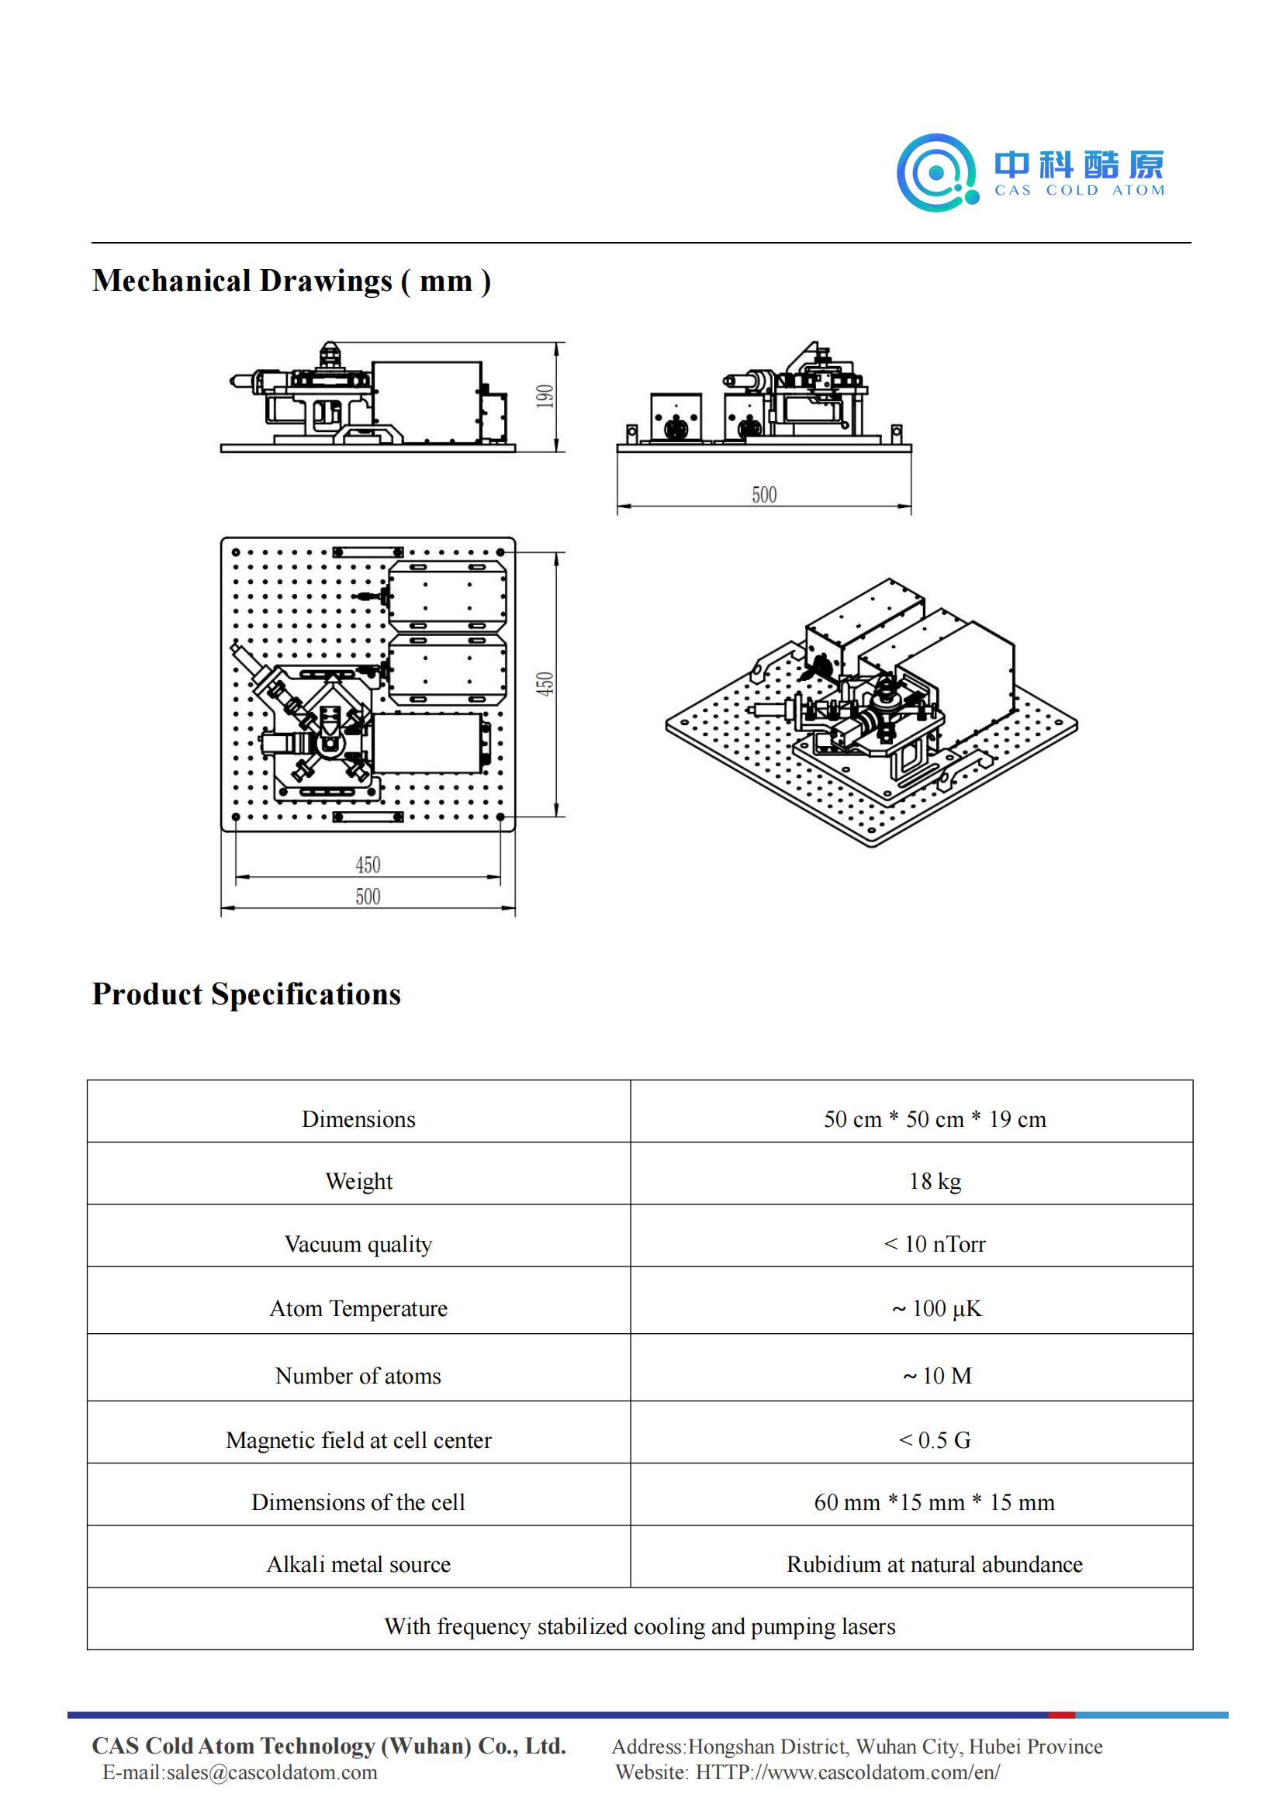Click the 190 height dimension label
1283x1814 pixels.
tap(545, 396)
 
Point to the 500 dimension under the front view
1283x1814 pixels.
tap(764, 496)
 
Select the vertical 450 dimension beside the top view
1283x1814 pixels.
tap(545, 683)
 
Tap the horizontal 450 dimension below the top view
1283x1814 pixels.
tap(368, 866)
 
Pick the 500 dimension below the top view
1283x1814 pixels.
tap(368, 897)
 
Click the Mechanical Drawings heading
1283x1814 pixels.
tap(292, 282)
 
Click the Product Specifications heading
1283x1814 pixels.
tap(247, 994)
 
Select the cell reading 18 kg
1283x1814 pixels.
tap(935, 1181)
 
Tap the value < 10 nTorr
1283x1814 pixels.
tap(935, 1244)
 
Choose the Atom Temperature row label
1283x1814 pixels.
tap(358, 1308)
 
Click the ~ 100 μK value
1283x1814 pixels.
tap(936, 1308)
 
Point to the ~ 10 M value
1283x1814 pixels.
tap(937, 1376)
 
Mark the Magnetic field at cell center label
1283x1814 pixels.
tap(358, 1440)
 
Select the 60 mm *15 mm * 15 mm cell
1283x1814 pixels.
tap(935, 1502)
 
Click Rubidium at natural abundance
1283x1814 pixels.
tap(935, 1564)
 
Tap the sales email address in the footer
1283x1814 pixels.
tap(271, 1772)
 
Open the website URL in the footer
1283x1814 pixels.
tap(848, 1772)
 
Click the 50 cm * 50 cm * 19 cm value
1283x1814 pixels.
tap(935, 1119)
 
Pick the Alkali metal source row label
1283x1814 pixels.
tap(358, 1564)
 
